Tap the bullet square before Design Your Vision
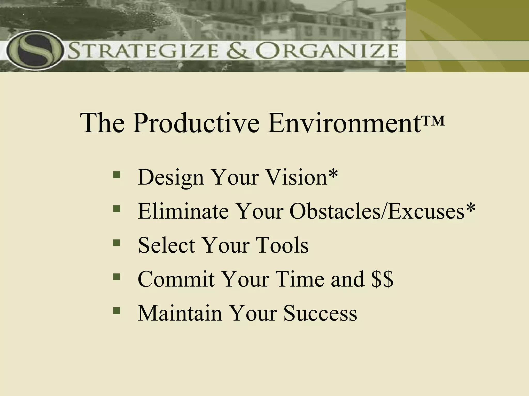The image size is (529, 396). [116, 175]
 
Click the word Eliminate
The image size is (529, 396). [183, 211]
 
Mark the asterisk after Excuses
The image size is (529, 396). [470, 208]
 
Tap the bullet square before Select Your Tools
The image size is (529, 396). [116, 243]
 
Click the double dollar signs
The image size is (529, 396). [382, 279]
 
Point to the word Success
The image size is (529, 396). [320, 313]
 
